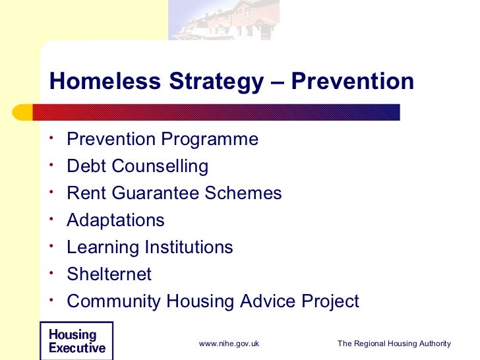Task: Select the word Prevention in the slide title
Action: pos(353,82)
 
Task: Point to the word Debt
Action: pos(86,166)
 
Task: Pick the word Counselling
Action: pos(160,166)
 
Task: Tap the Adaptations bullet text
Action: pos(116,220)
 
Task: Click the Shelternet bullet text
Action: pos(109,274)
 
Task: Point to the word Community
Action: pos(114,301)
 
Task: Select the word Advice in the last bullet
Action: pos(270,301)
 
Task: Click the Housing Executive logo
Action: pos(76,341)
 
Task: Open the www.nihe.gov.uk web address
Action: pos(229,344)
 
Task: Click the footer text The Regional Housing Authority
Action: pos(394,344)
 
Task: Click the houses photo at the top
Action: pos(224,20)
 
